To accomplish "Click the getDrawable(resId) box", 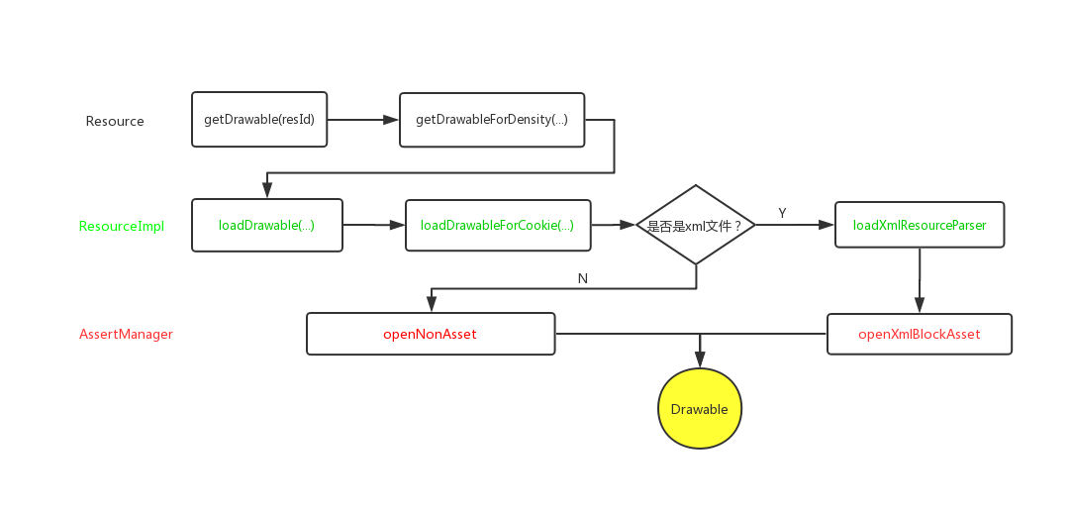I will (x=258, y=120).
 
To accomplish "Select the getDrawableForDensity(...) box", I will (x=492, y=120).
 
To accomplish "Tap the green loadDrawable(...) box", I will (x=266, y=225).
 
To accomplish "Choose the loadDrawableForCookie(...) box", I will (x=497, y=225).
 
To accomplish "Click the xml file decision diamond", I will (x=696, y=225).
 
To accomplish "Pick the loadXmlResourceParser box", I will (x=919, y=225).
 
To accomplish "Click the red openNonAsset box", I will (x=430, y=334).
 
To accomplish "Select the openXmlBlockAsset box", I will (x=919, y=334).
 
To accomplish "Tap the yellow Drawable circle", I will (x=700, y=408).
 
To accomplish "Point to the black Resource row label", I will (x=115, y=121).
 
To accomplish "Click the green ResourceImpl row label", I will (x=122, y=226).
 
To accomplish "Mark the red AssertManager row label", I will (x=126, y=334).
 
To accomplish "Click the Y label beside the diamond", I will (x=782, y=213).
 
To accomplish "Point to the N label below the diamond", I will (x=582, y=278).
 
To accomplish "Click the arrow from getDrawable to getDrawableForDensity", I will (x=362, y=120).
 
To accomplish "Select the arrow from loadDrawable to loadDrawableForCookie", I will (x=374, y=225).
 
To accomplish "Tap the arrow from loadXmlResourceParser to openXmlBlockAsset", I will (x=920, y=281).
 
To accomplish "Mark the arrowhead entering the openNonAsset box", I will (x=431, y=305).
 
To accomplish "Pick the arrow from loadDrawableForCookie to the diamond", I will (x=614, y=225).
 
